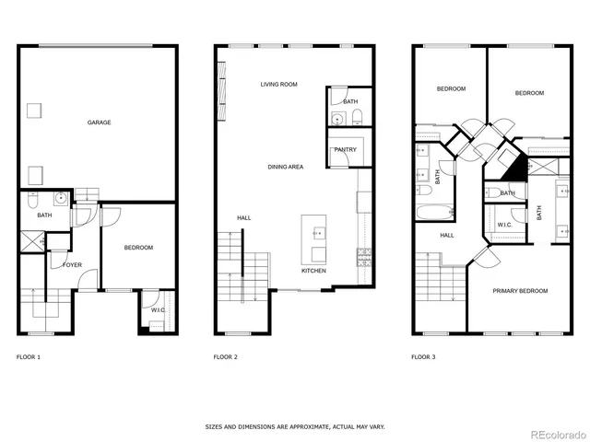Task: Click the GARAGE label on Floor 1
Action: (x=100, y=122)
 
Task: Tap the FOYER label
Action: (x=72, y=265)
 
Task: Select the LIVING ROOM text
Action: (x=278, y=84)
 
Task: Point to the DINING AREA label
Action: (x=286, y=167)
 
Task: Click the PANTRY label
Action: (x=346, y=149)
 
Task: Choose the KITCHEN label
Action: (x=313, y=271)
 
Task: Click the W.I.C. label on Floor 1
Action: (x=159, y=310)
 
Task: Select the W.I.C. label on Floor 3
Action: (x=505, y=224)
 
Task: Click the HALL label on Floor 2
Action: (x=243, y=217)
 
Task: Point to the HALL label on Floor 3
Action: (x=446, y=235)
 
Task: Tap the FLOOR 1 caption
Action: (x=29, y=356)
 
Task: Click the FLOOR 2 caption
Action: (x=225, y=356)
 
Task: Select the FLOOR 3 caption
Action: (x=422, y=356)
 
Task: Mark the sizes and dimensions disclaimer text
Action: (x=294, y=427)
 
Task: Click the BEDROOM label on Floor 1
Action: (x=138, y=247)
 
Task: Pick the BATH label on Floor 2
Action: (x=350, y=101)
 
